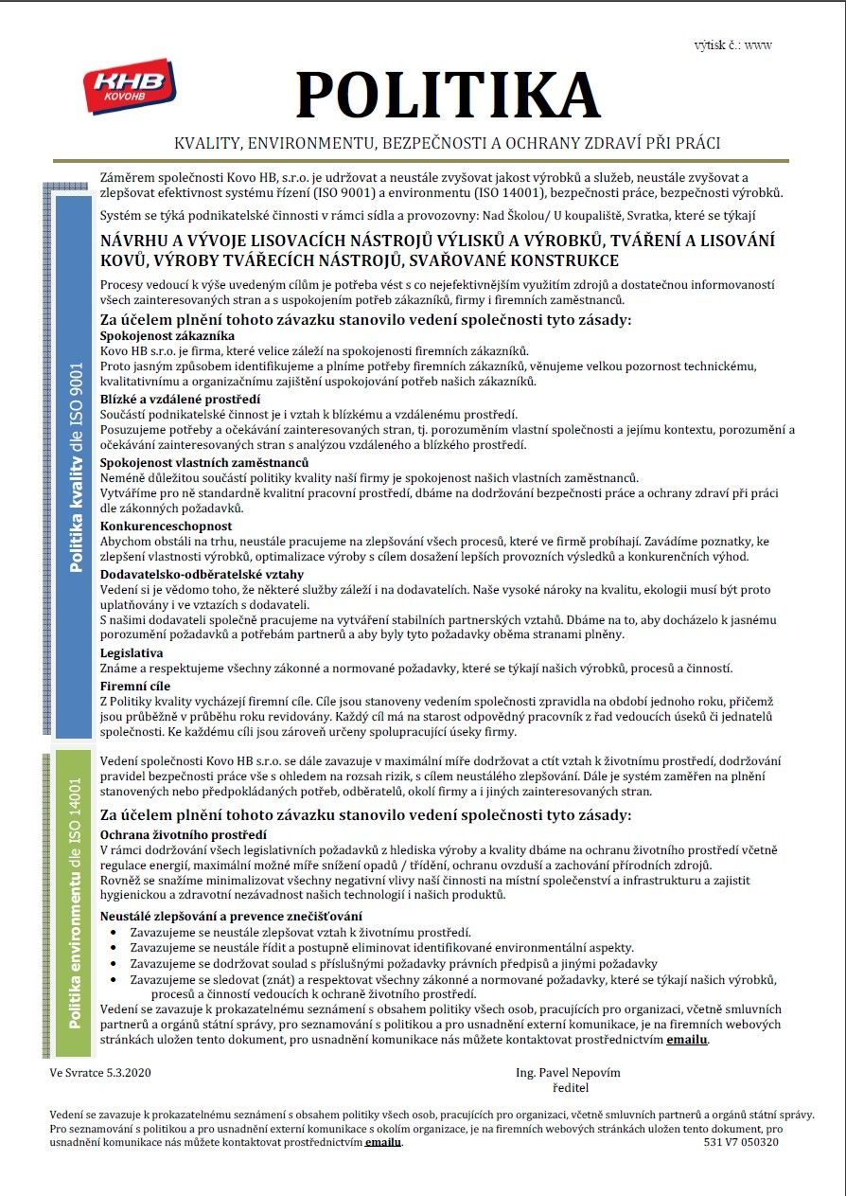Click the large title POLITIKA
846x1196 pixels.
(448, 95)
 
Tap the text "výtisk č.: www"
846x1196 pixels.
(732, 45)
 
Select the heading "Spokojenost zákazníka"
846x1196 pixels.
(167, 336)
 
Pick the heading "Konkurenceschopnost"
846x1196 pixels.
(166, 526)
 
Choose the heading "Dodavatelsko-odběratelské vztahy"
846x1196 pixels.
(202, 574)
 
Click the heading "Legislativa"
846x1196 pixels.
(132, 652)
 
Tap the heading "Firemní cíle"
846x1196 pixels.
(135, 686)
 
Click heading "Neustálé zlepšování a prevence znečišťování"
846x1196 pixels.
(231, 916)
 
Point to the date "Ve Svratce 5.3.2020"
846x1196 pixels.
(100, 1073)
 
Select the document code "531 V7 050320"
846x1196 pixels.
(741, 1142)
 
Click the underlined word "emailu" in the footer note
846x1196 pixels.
(383, 1142)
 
